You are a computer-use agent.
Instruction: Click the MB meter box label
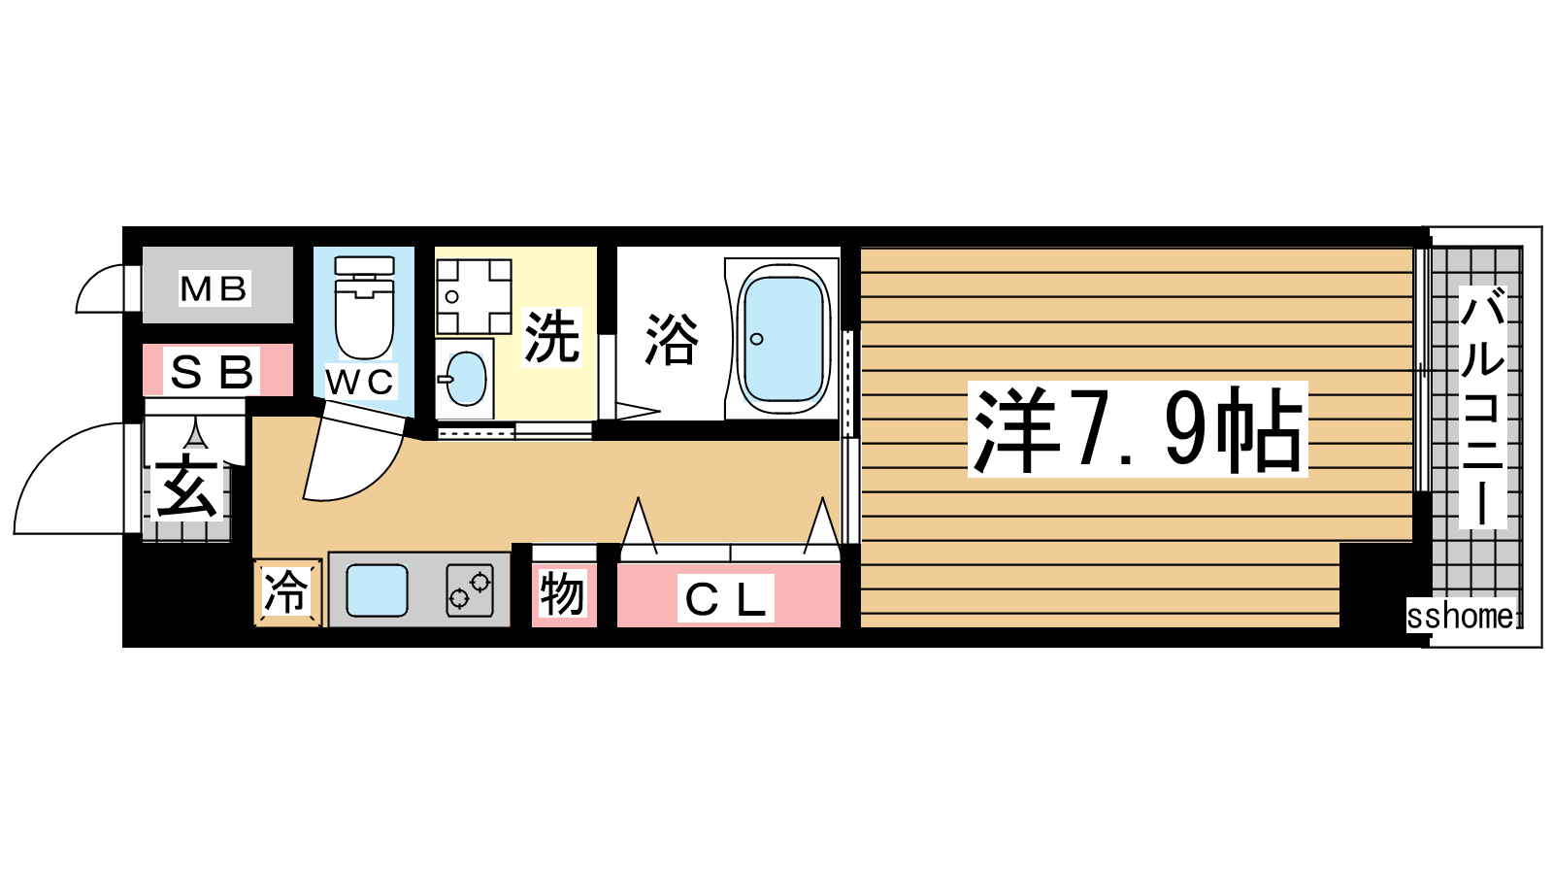click(214, 288)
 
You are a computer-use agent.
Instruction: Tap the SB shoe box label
click(212, 372)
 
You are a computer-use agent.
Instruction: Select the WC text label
click(360, 382)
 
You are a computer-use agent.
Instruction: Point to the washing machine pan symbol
click(475, 296)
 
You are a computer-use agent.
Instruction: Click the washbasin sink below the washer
click(465, 379)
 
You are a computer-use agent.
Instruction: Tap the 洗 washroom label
click(551, 337)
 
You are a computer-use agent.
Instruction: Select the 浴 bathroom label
click(672, 339)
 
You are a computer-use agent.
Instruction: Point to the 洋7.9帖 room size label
click(1137, 429)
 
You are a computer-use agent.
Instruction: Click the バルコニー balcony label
click(1482, 407)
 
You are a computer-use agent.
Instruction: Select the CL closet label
click(726, 598)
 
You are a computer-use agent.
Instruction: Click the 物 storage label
click(562, 593)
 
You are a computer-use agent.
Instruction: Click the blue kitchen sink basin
click(377, 590)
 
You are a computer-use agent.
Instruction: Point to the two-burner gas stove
click(470, 590)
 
